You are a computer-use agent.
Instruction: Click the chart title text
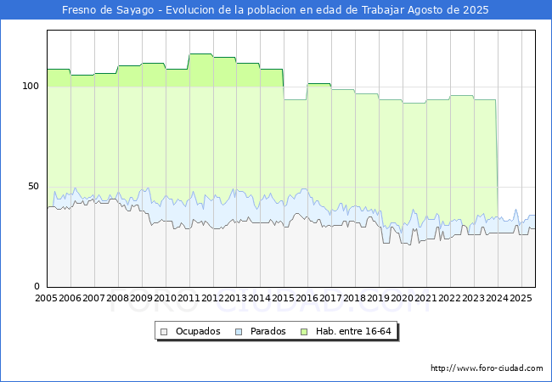click(275, 10)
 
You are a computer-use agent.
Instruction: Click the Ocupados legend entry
click(197, 331)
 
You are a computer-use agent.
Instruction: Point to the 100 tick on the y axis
click(31, 87)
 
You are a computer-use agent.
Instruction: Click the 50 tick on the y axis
click(33, 186)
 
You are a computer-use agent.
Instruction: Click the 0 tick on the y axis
click(37, 286)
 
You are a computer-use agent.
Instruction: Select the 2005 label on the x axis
click(47, 299)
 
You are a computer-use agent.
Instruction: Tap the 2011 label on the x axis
click(189, 299)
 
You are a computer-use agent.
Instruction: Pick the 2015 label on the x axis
click(284, 299)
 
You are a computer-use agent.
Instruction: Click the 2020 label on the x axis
click(403, 299)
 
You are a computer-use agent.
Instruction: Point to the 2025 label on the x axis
click(521, 299)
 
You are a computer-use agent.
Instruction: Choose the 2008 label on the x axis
click(118, 299)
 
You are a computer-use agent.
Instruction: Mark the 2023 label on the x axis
click(473, 299)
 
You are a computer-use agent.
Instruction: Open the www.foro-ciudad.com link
click(487, 368)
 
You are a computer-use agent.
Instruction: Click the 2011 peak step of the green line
click(200, 54)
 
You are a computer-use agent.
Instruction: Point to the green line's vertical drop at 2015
click(284, 84)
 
